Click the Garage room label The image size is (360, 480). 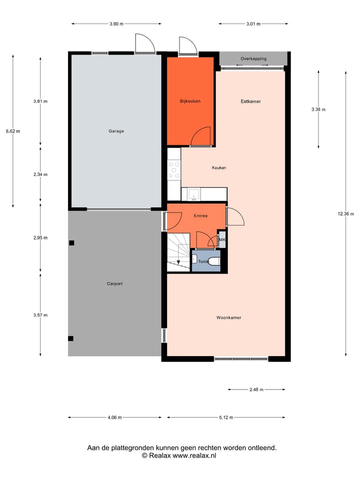pos(116,131)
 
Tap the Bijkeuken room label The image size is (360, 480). pos(190,101)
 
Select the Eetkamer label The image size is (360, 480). pos(250,101)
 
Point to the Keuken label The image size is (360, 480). pos(219,167)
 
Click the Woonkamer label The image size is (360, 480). pos(229,317)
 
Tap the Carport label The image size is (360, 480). pos(114,283)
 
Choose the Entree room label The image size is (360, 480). pos(200,215)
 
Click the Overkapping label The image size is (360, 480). pos(253,58)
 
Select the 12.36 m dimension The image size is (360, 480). pos(345,214)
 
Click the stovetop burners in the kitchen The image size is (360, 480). pos(174,169)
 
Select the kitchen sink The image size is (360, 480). pos(193,194)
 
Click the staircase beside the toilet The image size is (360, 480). pos(177,252)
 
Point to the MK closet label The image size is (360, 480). pos(222,240)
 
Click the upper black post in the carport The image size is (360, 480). pos(71,243)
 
